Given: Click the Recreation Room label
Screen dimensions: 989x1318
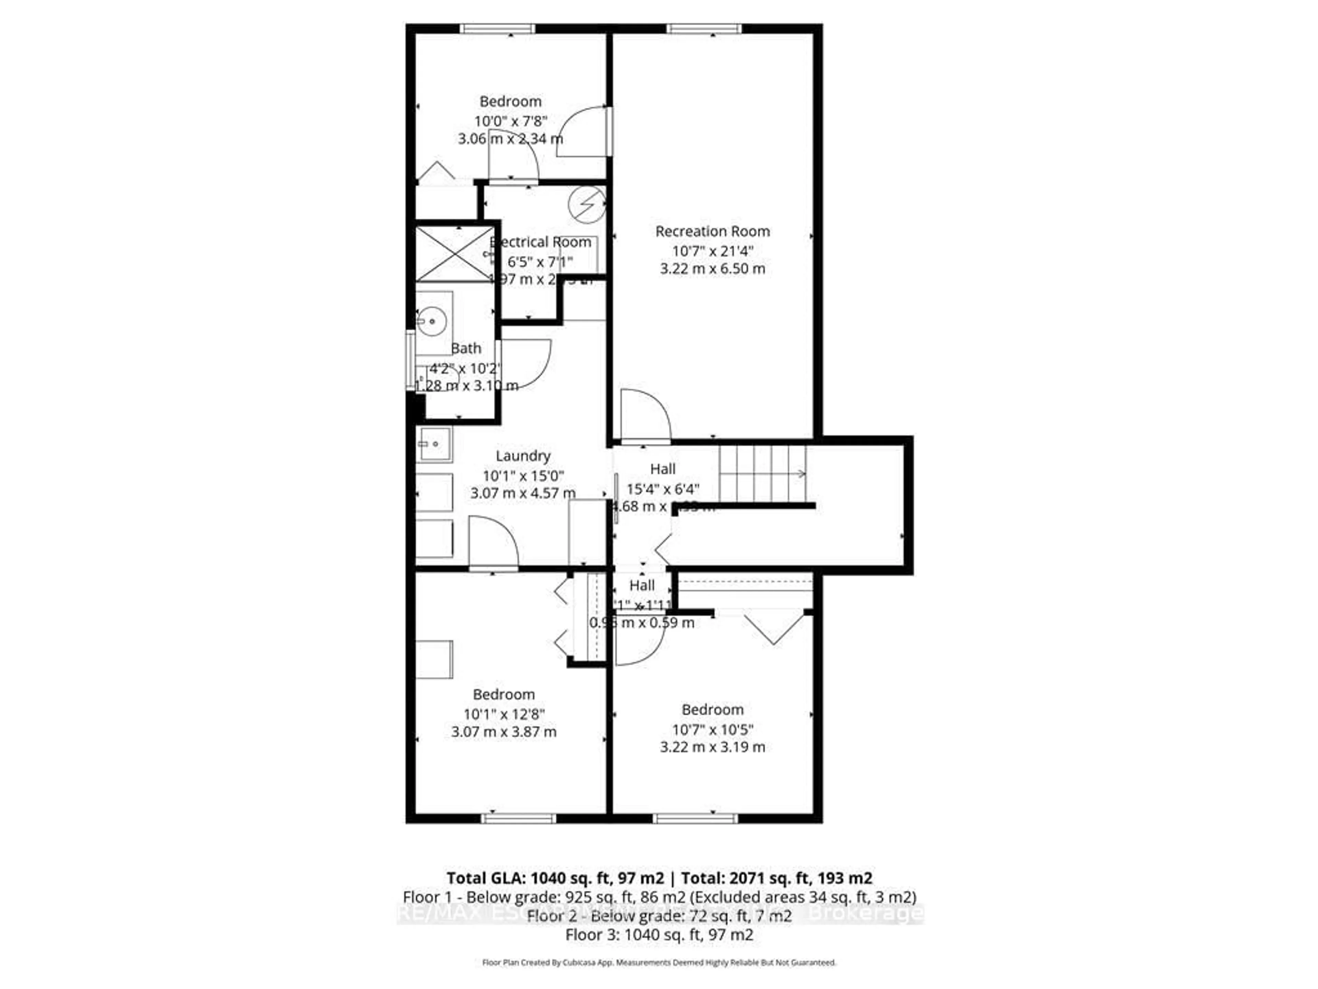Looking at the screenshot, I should [x=712, y=231].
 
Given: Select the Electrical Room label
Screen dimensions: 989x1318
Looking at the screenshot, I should [x=541, y=242].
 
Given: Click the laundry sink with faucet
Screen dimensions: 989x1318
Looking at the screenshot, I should [x=434, y=444].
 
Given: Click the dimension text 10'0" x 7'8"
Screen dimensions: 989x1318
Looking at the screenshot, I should [x=511, y=121].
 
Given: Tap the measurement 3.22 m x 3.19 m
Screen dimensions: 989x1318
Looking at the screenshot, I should [x=712, y=747].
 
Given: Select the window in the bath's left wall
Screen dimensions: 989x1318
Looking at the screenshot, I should [x=410, y=360].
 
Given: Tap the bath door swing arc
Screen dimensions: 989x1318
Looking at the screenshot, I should [x=526, y=364].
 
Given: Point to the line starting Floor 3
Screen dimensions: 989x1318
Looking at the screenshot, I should [x=659, y=935].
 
